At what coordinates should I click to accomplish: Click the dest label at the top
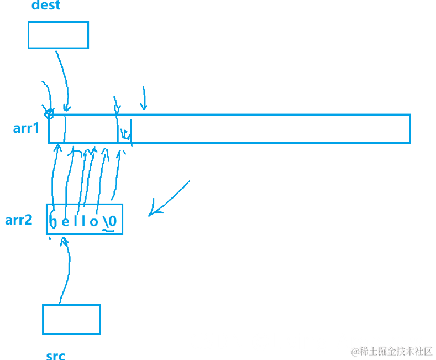click(x=46, y=6)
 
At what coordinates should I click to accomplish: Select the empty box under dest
click(x=58, y=35)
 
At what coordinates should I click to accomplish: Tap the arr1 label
click(x=27, y=128)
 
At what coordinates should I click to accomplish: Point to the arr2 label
click(x=19, y=220)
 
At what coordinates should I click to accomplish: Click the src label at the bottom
click(x=55, y=355)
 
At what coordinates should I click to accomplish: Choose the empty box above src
click(x=71, y=319)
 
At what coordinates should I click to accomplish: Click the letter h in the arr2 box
click(x=53, y=222)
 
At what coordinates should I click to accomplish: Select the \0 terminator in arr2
click(x=109, y=221)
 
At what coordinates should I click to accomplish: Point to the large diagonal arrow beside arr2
click(x=169, y=197)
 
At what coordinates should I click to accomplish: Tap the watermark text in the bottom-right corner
click(x=392, y=351)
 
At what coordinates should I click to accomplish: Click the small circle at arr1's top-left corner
click(x=49, y=114)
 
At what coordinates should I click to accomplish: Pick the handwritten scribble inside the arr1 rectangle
click(x=125, y=134)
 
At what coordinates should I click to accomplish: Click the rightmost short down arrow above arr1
click(x=144, y=98)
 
